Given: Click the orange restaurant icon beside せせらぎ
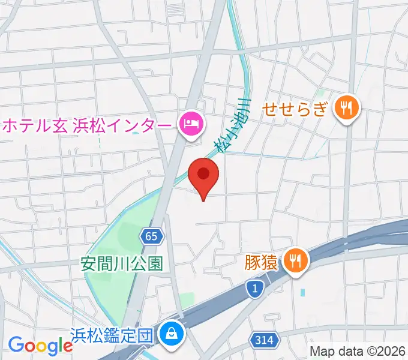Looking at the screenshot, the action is [347, 109].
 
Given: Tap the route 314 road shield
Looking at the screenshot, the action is [263, 340].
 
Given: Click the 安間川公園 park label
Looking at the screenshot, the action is [122, 264].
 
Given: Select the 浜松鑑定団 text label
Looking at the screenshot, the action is [113, 334].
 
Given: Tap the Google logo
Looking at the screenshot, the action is [40, 345].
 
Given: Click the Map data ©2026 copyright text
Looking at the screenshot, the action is [358, 351].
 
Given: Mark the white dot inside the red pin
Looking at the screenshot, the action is [203, 173].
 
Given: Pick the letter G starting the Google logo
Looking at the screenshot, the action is [16, 345].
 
